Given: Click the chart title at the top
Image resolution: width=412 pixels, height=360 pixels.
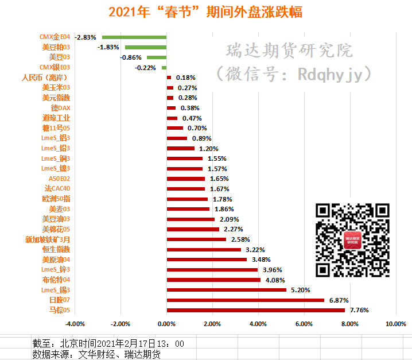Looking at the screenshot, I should click(205, 11).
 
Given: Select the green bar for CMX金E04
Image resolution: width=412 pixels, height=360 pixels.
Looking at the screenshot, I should click(134, 37).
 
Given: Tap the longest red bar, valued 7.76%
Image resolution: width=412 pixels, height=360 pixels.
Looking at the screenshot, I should click(255, 310).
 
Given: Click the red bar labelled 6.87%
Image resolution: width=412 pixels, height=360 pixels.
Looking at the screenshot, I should click(245, 300).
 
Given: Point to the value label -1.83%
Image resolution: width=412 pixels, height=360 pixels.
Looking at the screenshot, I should click(108, 47).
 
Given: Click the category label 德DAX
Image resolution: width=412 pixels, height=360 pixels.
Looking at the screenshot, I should click(60, 108).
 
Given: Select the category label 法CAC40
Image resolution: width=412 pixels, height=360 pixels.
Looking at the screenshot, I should click(57, 188).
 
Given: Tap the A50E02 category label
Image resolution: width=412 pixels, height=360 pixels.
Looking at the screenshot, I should click(59, 179).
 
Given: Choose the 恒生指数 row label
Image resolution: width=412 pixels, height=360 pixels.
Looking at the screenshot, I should click(56, 249).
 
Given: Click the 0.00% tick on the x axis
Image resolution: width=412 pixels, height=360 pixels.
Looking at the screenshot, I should click(166, 324).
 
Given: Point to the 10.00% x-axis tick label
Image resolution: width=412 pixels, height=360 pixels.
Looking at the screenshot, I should click(396, 324).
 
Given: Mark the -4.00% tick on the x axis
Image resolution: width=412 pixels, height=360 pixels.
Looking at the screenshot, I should click(75, 324).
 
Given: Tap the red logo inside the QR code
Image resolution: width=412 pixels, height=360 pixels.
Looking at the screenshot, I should click(353, 241).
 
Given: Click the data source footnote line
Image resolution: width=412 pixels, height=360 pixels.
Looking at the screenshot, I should click(96, 354).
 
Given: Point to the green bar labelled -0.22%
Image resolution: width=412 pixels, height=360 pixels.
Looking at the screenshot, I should click(164, 67).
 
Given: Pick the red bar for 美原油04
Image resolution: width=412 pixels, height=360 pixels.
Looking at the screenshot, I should click(207, 260).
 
